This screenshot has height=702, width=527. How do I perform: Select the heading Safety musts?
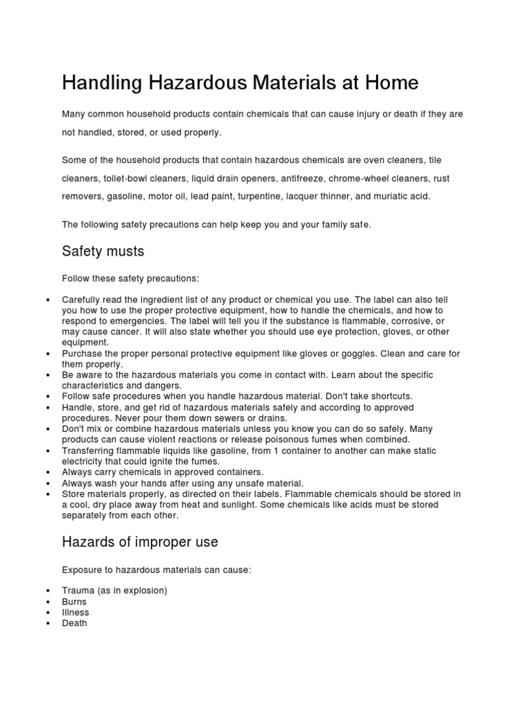[103, 252]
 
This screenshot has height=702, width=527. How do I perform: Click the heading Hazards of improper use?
[140, 542]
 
